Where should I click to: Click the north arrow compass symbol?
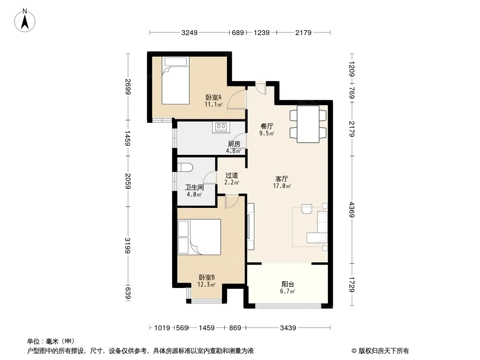click(x=25, y=20)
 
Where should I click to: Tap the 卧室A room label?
click(x=213, y=98)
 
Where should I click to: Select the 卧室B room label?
click(x=207, y=277)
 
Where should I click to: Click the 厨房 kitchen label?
click(x=234, y=144)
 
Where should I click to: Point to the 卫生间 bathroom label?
click(x=195, y=187)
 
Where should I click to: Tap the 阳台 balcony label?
click(x=288, y=284)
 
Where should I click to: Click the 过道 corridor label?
click(x=232, y=175)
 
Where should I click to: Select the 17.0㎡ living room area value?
click(x=282, y=186)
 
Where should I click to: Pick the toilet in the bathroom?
click(x=185, y=167)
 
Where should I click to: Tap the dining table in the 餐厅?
click(x=308, y=124)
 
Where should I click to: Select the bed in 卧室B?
click(x=199, y=237)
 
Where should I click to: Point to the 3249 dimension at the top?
click(x=190, y=32)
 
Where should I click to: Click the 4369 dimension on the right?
click(x=352, y=210)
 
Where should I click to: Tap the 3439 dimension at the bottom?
click(x=288, y=328)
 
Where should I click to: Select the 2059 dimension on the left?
click(x=128, y=181)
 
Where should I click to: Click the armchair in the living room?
click(x=307, y=209)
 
